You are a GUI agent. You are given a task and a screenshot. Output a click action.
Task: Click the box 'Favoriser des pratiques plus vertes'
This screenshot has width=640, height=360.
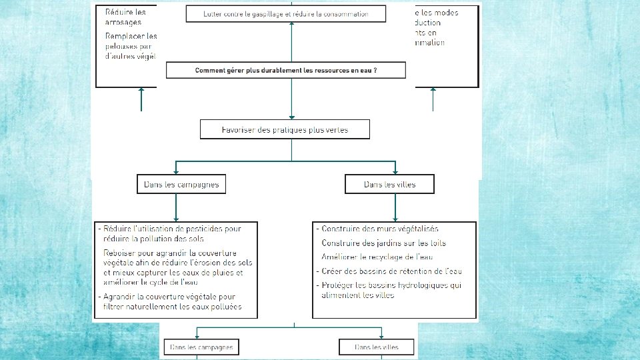pyautogui.click(x=285, y=129)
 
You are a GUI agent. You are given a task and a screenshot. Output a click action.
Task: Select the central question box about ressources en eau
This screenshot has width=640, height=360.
pyautogui.click(x=285, y=70)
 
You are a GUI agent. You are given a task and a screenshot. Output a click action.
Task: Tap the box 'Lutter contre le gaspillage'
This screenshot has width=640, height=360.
pyautogui.click(x=285, y=14)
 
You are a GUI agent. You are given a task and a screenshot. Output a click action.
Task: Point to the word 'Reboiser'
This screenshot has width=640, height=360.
pyautogui.click(x=121, y=253)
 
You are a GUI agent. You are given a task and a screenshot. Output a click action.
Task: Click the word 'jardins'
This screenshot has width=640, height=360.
pyautogui.click(x=385, y=243)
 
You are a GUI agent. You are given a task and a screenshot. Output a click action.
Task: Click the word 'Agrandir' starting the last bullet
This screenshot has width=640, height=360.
pyautogui.click(x=123, y=297)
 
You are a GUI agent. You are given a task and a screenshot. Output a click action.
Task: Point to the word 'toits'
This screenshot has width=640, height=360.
pyautogui.click(x=434, y=243)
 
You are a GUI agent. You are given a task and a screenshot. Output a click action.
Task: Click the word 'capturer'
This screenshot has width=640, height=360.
pyautogui.click(x=152, y=273)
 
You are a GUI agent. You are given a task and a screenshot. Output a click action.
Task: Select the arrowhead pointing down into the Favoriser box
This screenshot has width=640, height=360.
pyautogui.click(x=291, y=117)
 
